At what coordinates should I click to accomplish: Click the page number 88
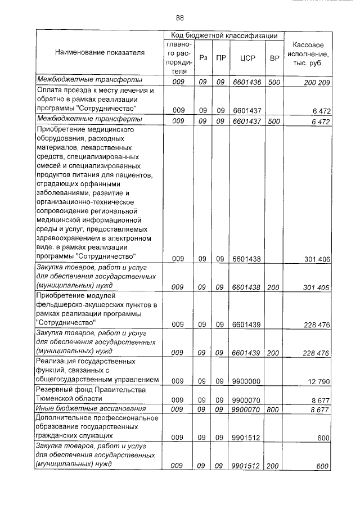click(180, 17)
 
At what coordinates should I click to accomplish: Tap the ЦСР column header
click(248, 57)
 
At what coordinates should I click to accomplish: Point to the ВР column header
click(274, 57)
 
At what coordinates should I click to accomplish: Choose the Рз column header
click(204, 57)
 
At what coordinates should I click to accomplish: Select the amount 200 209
click(316, 82)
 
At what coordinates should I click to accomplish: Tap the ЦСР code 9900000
click(246, 381)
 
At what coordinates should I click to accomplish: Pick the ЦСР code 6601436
click(246, 82)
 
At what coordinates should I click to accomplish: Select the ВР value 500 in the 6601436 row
click(273, 82)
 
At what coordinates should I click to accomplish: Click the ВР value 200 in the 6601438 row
click(273, 287)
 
